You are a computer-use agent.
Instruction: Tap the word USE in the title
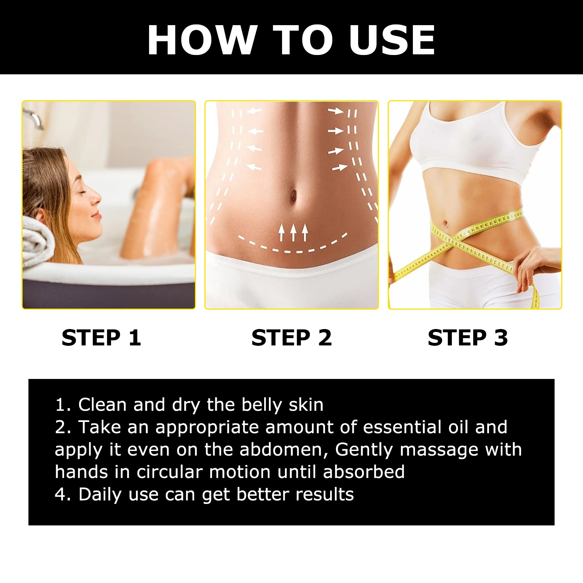point(392,40)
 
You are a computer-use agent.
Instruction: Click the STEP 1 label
point(101,338)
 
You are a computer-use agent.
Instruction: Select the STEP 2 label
point(291,338)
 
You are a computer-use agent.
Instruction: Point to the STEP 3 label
point(467,338)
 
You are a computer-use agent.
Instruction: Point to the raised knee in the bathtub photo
point(160,166)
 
